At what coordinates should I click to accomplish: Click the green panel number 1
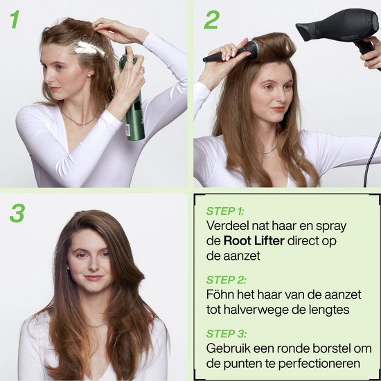point(15,19)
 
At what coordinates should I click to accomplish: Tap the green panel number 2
point(212,19)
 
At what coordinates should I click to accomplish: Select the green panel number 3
point(17,213)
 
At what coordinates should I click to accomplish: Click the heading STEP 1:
point(224,211)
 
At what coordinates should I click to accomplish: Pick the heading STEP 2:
point(226,280)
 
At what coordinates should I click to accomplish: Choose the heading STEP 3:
point(227,334)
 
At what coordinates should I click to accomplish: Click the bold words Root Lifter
point(254,241)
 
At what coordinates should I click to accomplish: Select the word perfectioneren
point(319,364)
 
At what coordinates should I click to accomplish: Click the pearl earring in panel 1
point(89,76)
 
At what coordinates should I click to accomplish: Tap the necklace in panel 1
point(78,120)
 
